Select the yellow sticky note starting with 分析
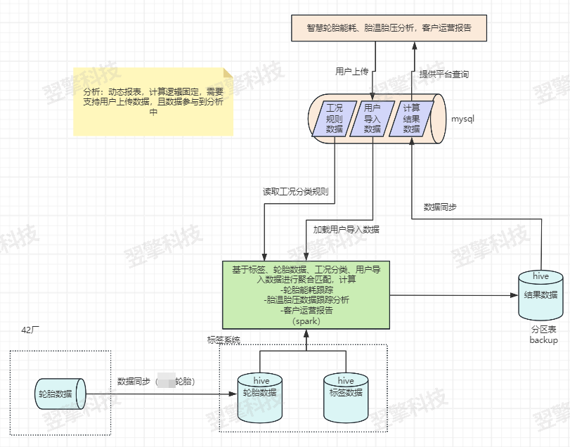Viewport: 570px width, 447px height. (153, 102)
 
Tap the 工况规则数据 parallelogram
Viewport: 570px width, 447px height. (335, 119)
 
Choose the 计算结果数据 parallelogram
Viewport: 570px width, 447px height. (411, 119)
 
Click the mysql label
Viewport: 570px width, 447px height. (462, 119)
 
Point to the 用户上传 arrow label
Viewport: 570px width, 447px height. (352, 72)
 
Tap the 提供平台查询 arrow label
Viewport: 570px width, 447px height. (444, 74)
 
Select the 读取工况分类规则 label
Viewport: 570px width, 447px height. (295, 192)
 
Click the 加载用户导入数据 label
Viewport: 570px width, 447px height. (346, 229)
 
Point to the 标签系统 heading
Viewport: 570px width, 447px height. (224, 340)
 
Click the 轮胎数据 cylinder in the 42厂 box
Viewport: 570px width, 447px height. (60, 394)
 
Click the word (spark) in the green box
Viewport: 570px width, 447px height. (306, 321)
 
